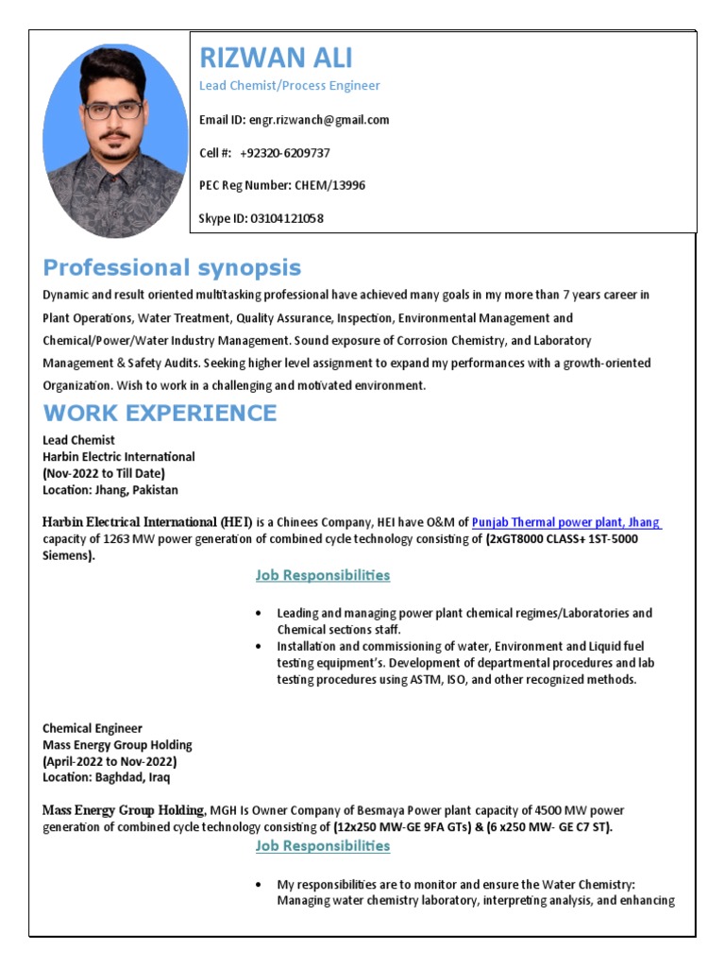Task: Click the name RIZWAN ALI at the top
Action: pyautogui.click(x=276, y=59)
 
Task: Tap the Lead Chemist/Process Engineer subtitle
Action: pyautogui.click(x=289, y=86)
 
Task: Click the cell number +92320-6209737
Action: pyautogui.click(x=285, y=153)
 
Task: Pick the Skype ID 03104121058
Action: pyautogui.click(x=286, y=218)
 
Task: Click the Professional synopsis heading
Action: pyautogui.click(x=172, y=267)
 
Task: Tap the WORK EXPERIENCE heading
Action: pyautogui.click(x=160, y=413)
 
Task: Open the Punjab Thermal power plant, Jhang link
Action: pyautogui.click(x=566, y=521)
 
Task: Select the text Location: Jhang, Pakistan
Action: pyautogui.click(x=110, y=490)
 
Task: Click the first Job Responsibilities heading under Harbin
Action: pyautogui.click(x=322, y=575)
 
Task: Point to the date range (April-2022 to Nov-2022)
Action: pyautogui.click(x=110, y=761)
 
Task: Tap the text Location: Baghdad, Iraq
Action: pyautogui.click(x=107, y=777)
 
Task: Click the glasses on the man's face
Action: pyautogui.click(x=114, y=111)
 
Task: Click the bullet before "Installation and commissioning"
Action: pyautogui.click(x=259, y=647)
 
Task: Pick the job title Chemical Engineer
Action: pyautogui.click(x=93, y=728)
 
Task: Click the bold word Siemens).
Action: pyautogui.click(x=69, y=556)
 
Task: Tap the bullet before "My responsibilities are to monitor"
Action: pyautogui.click(x=259, y=885)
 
